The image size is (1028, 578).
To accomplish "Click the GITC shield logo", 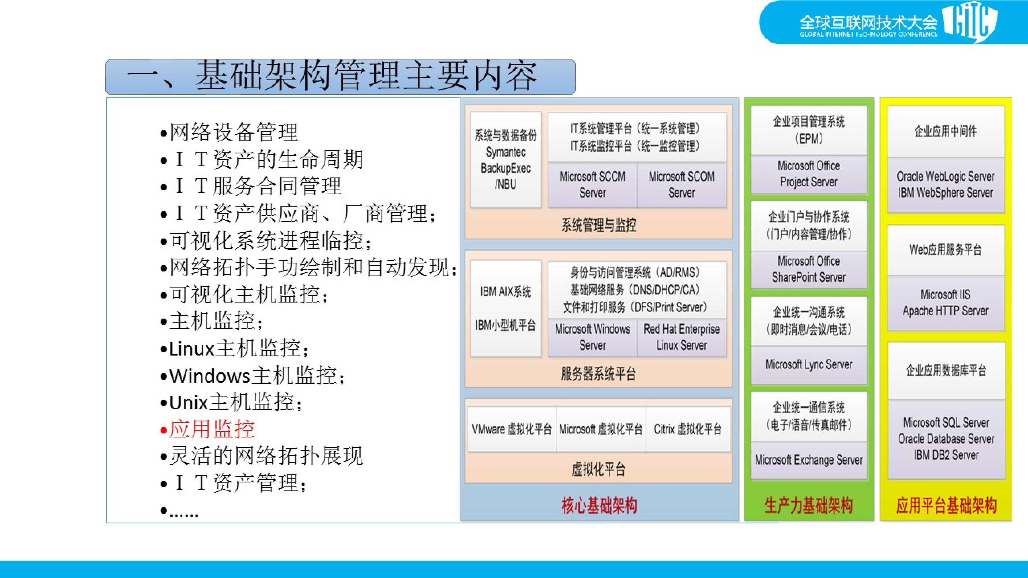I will pyautogui.click(x=970, y=22).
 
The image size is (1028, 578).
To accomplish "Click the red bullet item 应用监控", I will pyautogui.click(x=212, y=429).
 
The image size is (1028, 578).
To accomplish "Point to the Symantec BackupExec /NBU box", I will pyautogui.click(x=506, y=160).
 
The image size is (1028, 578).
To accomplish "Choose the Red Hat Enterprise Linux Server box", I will pyautogui.click(x=681, y=337).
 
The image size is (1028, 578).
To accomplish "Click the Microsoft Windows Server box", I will pyautogui.click(x=592, y=337).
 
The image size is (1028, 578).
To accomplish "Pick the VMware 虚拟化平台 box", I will pyautogui.click(x=512, y=429).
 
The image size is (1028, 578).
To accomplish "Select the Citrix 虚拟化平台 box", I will pyautogui.click(x=688, y=429).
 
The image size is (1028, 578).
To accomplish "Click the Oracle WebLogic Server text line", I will pyautogui.click(x=946, y=176).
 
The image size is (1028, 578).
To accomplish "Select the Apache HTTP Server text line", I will pyautogui.click(x=946, y=311).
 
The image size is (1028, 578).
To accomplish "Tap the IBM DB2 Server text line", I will pyautogui.click(x=946, y=455).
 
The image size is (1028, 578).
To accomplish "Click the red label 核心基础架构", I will pyautogui.click(x=599, y=505).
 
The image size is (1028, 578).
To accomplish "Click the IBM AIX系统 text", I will pyautogui.click(x=506, y=292).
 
